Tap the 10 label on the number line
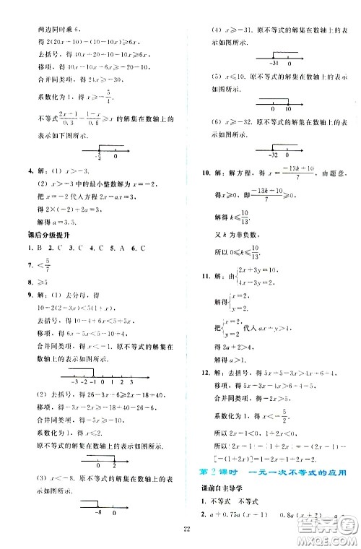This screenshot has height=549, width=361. coord(288,109)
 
